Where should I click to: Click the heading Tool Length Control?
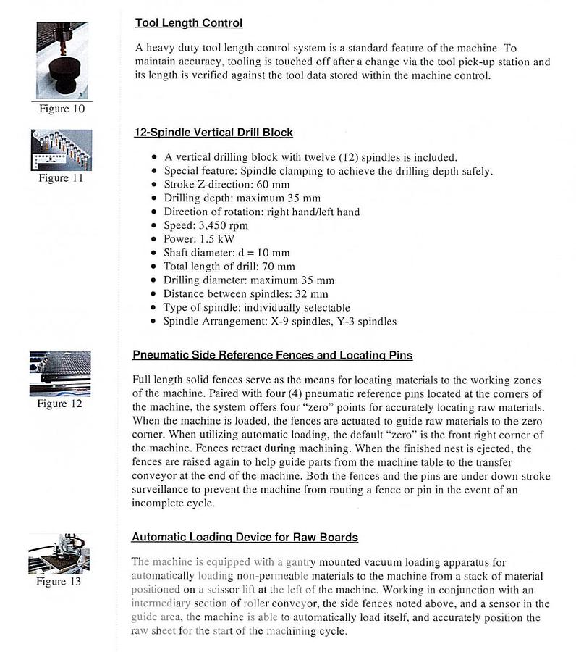(x=188, y=23)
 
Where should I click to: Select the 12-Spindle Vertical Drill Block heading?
(x=213, y=133)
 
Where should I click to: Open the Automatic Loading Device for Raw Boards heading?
(x=245, y=537)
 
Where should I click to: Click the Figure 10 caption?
(x=62, y=109)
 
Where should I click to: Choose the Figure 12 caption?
(x=59, y=404)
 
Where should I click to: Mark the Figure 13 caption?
(x=59, y=581)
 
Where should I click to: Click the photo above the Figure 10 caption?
(x=62, y=61)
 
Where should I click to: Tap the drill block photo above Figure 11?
(x=62, y=150)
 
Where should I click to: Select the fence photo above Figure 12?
(x=59, y=374)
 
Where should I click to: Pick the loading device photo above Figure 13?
(x=59, y=553)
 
